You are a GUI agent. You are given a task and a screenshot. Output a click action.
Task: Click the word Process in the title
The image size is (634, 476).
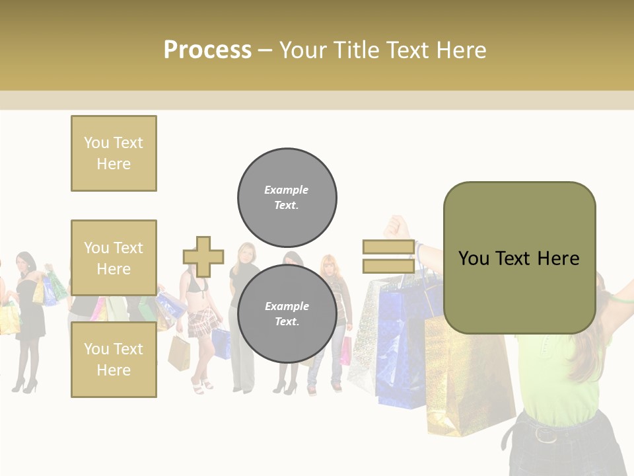coord(207,50)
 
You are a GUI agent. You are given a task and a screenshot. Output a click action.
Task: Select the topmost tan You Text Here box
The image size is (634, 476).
coord(114,153)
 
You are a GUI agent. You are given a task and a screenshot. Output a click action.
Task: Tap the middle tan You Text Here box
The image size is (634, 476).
coord(114,258)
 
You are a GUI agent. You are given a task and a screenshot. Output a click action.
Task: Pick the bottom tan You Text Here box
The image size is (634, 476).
coord(114,359)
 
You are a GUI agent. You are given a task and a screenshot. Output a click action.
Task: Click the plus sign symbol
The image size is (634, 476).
coord(203,257)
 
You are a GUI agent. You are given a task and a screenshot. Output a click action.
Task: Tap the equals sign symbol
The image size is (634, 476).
coord(388,257)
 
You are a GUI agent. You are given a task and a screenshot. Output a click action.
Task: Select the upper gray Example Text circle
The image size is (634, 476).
coord(287,197)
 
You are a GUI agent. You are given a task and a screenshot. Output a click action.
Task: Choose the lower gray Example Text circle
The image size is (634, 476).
coord(287,314)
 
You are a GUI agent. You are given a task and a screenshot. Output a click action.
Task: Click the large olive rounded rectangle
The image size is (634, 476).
coord(519,258)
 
